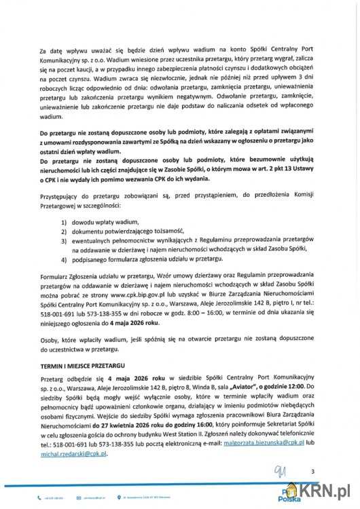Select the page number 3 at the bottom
point(313,471)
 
